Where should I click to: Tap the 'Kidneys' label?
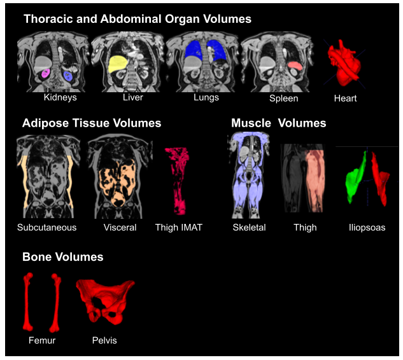click(x=60, y=98)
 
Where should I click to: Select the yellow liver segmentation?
click(x=117, y=64)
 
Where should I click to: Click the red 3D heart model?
click(x=344, y=63)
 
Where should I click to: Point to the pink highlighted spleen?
click(x=295, y=66)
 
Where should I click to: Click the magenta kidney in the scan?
click(x=46, y=74)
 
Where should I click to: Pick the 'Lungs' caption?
click(x=206, y=98)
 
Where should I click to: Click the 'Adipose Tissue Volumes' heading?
click(x=92, y=123)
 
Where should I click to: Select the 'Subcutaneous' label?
click(x=47, y=228)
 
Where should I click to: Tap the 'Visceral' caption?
click(x=120, y=228)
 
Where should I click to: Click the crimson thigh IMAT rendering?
click(x=178, y=181)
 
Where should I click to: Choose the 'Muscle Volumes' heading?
click(x=279, y=123)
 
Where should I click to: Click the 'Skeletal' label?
click(x=249, y=228)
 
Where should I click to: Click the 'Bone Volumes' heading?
click(x=62, y=258)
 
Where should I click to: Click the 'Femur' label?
click(x=42, y=341)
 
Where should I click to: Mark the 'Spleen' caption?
click(x=283, y=99)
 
